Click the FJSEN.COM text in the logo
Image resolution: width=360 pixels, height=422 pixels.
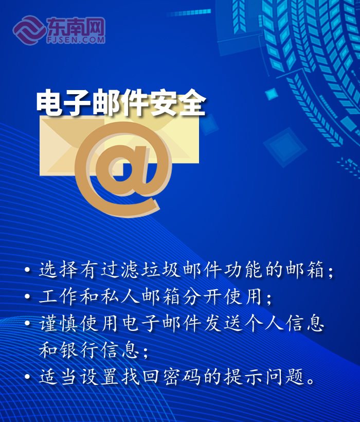coord(76,40)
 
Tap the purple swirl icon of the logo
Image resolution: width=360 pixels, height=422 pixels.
coord(29,30)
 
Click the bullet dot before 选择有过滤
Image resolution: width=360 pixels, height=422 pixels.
coord(27,269)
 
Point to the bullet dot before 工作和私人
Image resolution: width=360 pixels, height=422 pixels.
coord(27,296)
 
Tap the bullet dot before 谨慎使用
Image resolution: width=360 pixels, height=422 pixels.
coord(27,323)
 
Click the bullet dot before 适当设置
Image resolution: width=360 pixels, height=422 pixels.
coord(27,376)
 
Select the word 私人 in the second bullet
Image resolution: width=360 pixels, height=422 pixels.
coord(121,296)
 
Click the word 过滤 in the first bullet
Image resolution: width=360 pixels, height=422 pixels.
coord(121,269)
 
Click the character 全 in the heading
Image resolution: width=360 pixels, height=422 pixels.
coord(192,103)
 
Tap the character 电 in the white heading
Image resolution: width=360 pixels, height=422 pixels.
coord(49,103)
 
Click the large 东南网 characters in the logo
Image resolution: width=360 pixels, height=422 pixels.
coord(76,26)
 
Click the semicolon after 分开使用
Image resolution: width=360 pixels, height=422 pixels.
coord(269,298)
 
